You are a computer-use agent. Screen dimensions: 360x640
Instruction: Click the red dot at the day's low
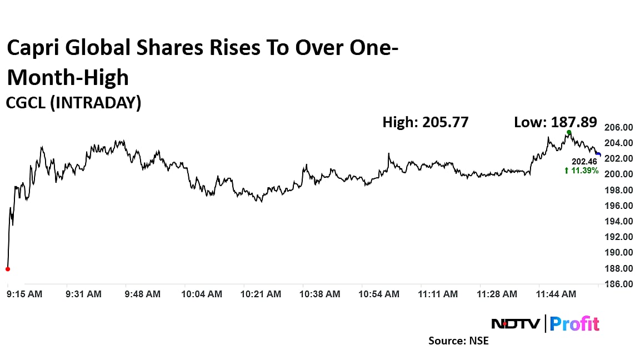[x=8, y=269]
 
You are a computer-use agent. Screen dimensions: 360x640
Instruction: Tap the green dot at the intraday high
[x=569, y=132]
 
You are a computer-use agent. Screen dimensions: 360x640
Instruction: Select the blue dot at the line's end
[x=598, y=154]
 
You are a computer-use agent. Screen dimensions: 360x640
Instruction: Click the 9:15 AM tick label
[x=24, y=294]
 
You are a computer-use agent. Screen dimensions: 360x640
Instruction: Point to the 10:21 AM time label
[x=260, y=294]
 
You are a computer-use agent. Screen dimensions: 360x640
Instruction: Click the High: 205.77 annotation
[x=426, y=122]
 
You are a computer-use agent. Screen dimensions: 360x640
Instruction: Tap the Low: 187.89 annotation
[x=556, y=122]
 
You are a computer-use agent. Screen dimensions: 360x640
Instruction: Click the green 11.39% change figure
[x=582, y=171]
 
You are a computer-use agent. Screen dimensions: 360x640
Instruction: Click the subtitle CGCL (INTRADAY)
[x=73, y=103]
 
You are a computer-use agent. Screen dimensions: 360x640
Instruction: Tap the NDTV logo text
[x=516, y=323]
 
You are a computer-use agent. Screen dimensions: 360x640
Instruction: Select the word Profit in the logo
[x=576, y=323]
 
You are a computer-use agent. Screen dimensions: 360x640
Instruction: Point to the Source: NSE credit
[x=458, y=341]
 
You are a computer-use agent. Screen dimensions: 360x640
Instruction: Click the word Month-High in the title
[x=68, y=77]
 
